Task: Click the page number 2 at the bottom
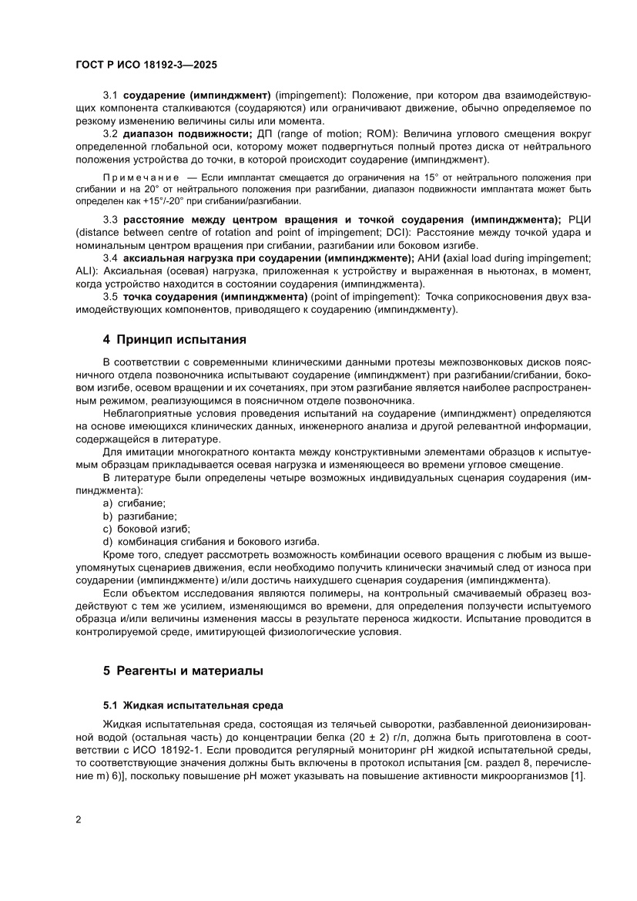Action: [x=79, y=819]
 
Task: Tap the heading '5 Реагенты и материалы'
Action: [x=183, y=671]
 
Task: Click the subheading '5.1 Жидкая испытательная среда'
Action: [x=193, y=705]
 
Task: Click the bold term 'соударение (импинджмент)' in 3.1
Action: [x=197, y=96]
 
